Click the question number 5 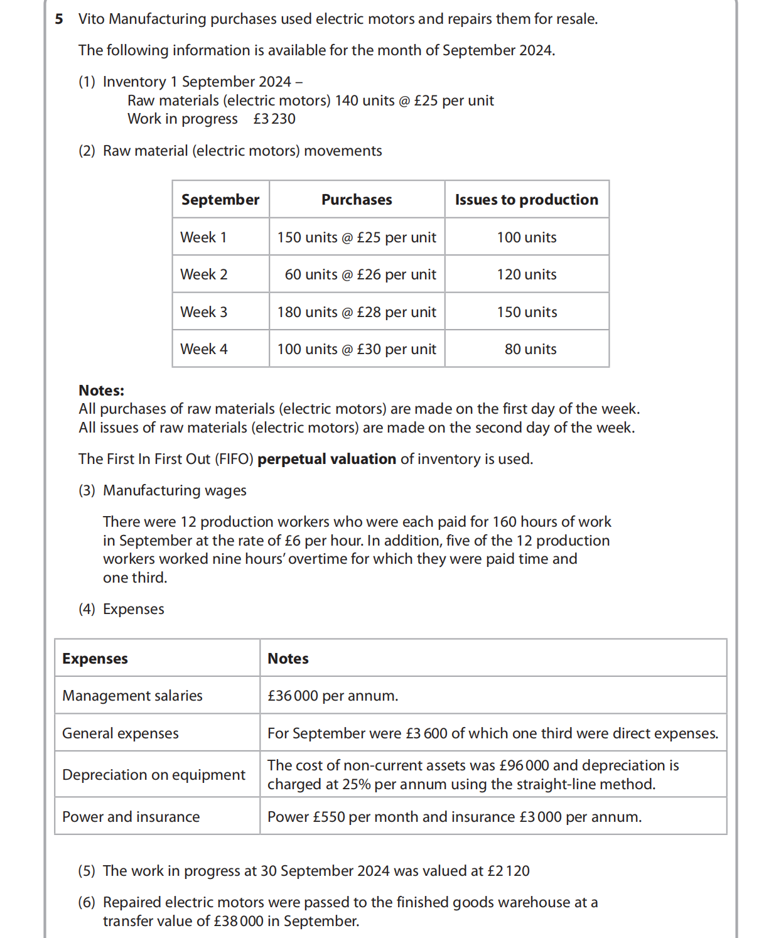click(59, 19)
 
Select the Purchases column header click(357, 200)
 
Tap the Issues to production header click(526, 200)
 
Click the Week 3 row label click(204, 312)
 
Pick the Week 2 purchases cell click(360, 274)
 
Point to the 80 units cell click(530, 349)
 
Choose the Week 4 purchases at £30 click(357, 349)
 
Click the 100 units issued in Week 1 click(526, 237)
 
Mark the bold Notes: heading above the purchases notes click(102, 391)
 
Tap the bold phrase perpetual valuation click(326, 459)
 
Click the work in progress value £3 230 click(274, 119)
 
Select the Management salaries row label click(132, 696)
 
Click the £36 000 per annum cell click(333, 696)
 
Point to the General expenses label click(121, 733)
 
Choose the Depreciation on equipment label click(154, 775)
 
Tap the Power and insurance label click(131, 817)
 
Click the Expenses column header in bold click(95, 659)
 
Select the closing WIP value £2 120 click(509, 871)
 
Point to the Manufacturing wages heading click(175, 490)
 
